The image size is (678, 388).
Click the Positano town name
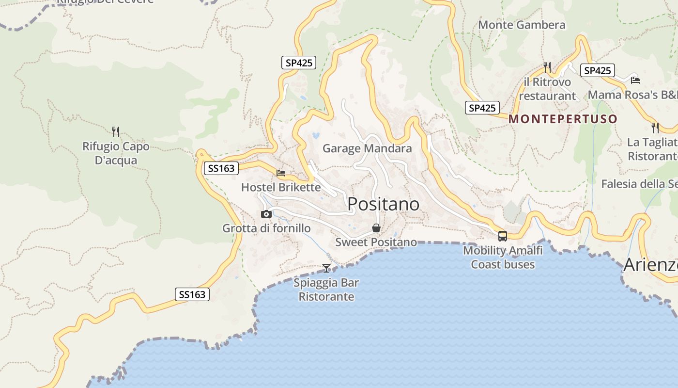pyautogui.click(x=384, y=204)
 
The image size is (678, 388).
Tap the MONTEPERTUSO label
pyautogui.click(x=563, y=119)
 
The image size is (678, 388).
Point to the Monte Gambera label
pyautogui.click(x=522, y=25)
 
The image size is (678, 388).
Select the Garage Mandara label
pyautogui.click(x=367, y=148)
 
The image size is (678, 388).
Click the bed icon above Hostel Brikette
pyautogui.click(x=281, y=173)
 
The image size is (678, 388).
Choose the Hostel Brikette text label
pyautogui.click(x=281, y=187)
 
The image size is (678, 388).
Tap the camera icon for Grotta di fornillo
pyautogui.click(x=266, y=214)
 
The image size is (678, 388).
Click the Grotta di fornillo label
pyautogui.click(x=266, y=228)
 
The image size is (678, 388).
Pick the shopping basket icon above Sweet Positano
pyautogui.click(x=376, y=228)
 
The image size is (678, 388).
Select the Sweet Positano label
pyautogui.click(x=376, y=242)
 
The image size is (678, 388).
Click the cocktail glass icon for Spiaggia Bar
pyautogui.click(x=326, y=268)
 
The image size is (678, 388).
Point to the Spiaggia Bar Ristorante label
pyautogui.click(x=326, y=290)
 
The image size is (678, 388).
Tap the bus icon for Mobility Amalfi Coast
pyautogui.click(x=503, y=236)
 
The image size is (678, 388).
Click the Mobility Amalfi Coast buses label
pyautogui.click(x=503, y=258)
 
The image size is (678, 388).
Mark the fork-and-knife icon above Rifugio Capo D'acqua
pyautogui.click(x=115, y=131)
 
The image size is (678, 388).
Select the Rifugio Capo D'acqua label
pyautogui.click(x=116, y=153)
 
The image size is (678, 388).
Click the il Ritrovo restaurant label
pyautogui.click(x=547, y=89)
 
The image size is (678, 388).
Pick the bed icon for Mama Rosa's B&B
pyautogui.click(x=635, y=80)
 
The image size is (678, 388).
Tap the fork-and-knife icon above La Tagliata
pyautogui.click(x=655, y=128)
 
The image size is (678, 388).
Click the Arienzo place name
pyautogui.click(x=650, y=265)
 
